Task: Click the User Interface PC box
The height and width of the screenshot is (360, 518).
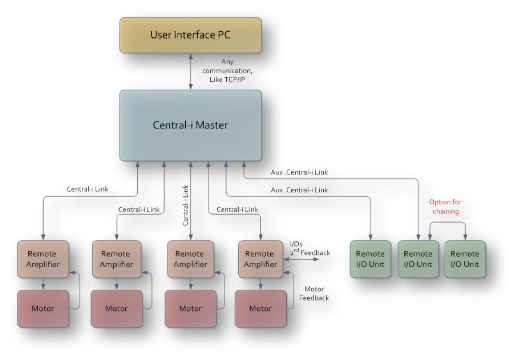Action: pyautogui.click(x=190, y=35)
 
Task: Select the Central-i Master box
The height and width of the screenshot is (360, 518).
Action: pyautogui.click(x=190, y=125)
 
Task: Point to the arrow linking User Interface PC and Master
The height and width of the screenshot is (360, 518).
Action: pyautogui.click(x=191, y=71)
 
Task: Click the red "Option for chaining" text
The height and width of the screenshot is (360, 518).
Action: pyautogui.click(x=445, y=206)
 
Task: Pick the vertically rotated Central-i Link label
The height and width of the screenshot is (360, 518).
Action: pyautogui.click(x=186, y=205)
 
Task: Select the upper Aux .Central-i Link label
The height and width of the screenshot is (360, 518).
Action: pyautogui.click(x=299, y=172)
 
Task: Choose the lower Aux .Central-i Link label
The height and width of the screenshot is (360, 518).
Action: pyautogui.click(x=299, y=190)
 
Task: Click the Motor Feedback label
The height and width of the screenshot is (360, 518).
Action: pyautogui.click(x=314, y=294)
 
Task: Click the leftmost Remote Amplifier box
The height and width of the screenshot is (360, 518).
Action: pyautogui.click(x=43, y=259)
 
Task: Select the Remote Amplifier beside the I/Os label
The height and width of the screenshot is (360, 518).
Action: pyautogui.click(x=259, y=259)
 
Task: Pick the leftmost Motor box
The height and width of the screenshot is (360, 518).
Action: pyautogui.click(x=43, y=309)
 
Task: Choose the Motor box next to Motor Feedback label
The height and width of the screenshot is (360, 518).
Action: pyautogui.click(x=260, y=309)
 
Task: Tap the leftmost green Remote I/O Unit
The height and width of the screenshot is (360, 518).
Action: pyautogui.click(x=370, y=259)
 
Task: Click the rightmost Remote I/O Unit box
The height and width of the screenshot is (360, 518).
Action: pyautogui.click(x=465, y=259)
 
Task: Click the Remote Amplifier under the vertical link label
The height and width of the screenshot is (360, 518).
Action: pyautogui.click(x=190, y=259)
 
